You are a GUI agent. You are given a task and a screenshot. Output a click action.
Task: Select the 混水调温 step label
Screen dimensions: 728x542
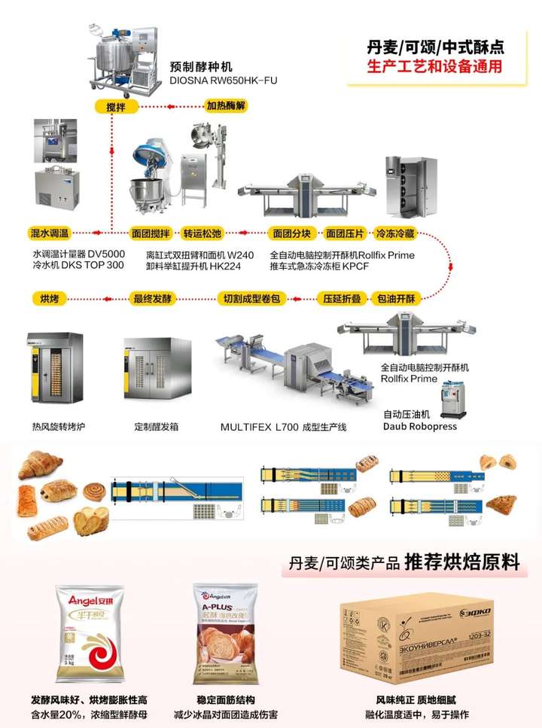tap(49, 233)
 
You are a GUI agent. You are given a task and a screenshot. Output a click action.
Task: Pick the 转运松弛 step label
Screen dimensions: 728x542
tap(202, 233)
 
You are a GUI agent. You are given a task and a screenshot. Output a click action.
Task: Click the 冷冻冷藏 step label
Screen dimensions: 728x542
tap(397, 233)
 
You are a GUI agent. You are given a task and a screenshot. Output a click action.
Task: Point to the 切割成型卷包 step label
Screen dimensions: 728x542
tap(253, 299)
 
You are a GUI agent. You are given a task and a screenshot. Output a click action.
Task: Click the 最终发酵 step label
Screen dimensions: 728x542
tap(153, 299)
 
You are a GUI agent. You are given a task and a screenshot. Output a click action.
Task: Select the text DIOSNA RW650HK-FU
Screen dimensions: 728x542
tap(224, 79)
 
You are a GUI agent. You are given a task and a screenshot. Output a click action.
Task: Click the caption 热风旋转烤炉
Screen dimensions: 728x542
tap(58, 426)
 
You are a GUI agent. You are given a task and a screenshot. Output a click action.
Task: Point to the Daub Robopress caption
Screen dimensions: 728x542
tap(420, 426)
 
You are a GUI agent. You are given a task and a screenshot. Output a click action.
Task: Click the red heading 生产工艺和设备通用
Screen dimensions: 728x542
tap(435, 66)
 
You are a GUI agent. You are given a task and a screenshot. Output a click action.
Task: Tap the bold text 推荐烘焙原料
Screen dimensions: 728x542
tap(461, 562)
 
